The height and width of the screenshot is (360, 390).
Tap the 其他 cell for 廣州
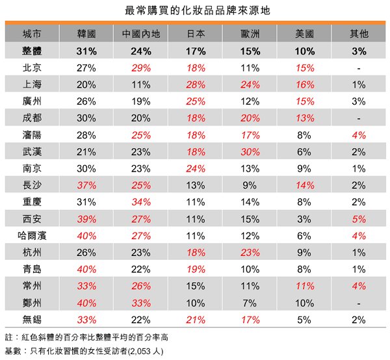click(x=358, y=101)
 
